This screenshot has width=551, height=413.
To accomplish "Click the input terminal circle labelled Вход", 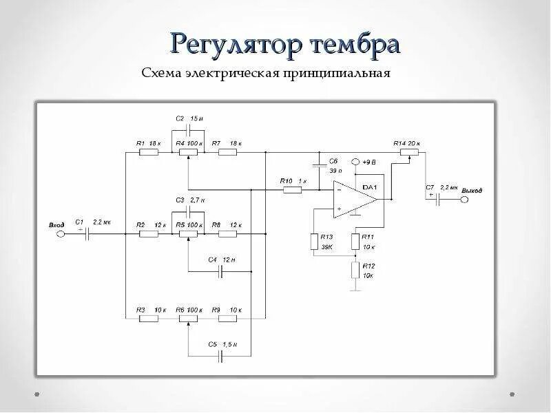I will point(60,234).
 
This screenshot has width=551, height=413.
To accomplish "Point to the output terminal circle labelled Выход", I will point(464,199).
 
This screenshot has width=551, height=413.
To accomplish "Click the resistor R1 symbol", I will point(149,152).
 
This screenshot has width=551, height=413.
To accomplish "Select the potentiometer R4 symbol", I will point(187,152).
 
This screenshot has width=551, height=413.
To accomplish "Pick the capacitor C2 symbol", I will point(188,129).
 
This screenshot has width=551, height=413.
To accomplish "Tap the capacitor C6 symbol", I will point(320,165).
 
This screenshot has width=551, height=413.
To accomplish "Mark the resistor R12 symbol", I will point(355,269).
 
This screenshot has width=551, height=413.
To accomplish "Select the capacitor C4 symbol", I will point(221,272).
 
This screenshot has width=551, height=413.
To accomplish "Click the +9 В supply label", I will point(367,162).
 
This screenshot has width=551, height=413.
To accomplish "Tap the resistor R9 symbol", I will point(226,318).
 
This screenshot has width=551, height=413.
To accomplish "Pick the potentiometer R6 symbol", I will point(187,318).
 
